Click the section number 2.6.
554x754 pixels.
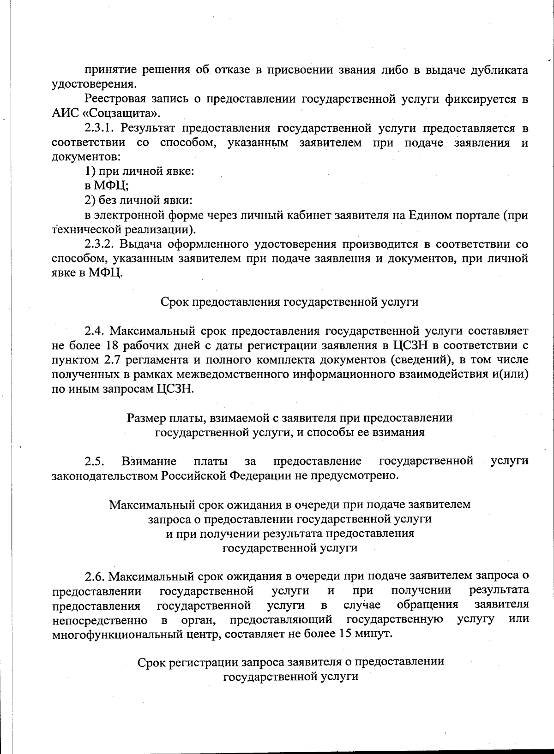point(95,576)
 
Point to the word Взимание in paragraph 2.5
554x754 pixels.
point(149,461)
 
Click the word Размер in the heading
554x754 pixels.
point(144,418)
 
